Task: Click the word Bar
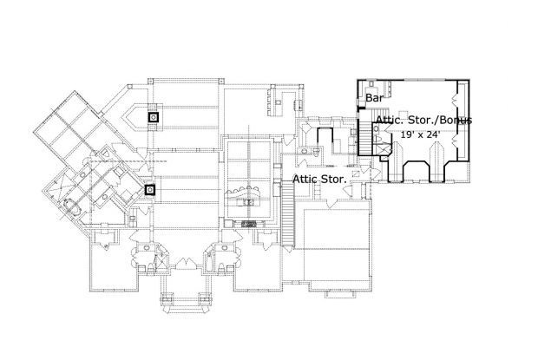click(x=374, y=98)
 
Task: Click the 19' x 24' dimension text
click(x=420, y=134)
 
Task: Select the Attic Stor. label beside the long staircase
click(x=319, y=179)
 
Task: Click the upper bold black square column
click(x=154, y=118)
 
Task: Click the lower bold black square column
click(x=150, y=190)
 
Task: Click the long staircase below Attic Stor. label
click(x=288, y=214)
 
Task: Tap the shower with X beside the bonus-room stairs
click(x=385, y=150)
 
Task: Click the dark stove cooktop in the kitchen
click(x=249, y=224)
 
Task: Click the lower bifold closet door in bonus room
click(x=456, y=141)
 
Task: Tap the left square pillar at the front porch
click(x=167, y=298)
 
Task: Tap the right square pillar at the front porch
click(x=205, y=298)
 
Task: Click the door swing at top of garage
click(x=331, y=204)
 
